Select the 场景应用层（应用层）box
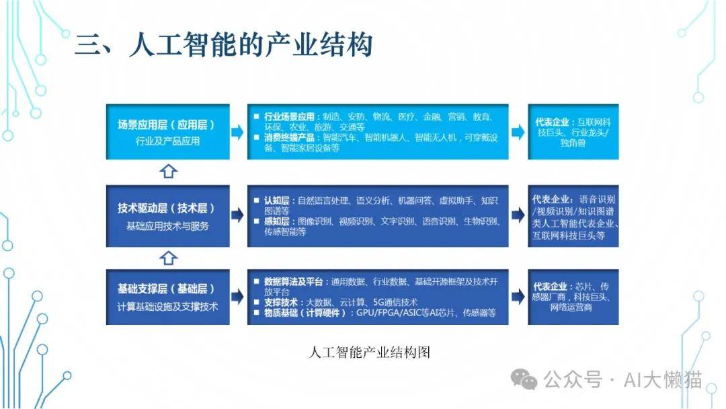pos(167,132)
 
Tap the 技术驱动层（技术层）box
pos(167,216)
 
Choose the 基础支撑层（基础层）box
pos(167,297)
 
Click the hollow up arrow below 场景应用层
pos(168,172)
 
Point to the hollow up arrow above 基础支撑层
pos(168,258)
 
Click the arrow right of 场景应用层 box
pos(237,132)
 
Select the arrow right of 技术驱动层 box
pos(237,215)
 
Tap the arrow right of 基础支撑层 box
pos(237,297)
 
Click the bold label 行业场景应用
pos(289,117)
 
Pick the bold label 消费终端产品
pos(289,138)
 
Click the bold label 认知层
pos(276,200)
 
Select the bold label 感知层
pos(276,221)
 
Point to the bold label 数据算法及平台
pos(293,282)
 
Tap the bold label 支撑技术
pos(280,303)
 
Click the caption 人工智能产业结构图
pos(369,352)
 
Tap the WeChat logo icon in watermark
pos(524,379)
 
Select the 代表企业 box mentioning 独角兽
pos(573,132)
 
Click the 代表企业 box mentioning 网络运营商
pos(573,297)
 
